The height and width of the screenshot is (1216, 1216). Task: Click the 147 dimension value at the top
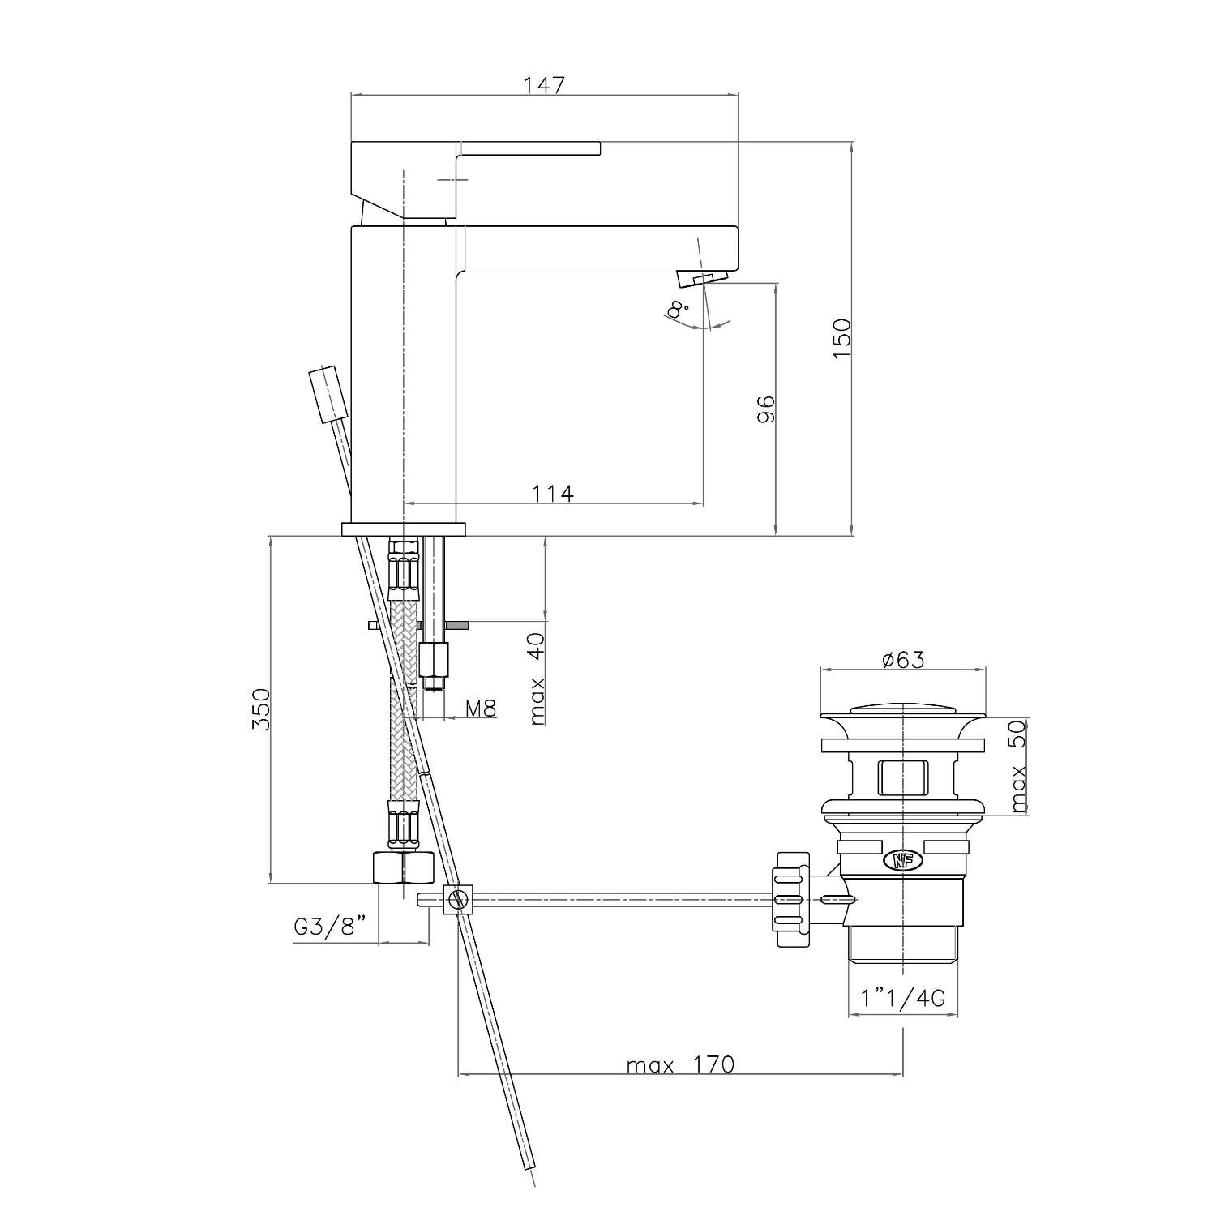[x=543, y=83]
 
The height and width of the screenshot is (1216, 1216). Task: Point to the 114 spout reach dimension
[x=553, y=492]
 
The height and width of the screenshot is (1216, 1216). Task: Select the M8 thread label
[x=480, y=708]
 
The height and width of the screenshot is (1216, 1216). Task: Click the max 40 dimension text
[x=537, y=678]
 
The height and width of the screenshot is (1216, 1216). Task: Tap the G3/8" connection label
[x=331, y=926]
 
